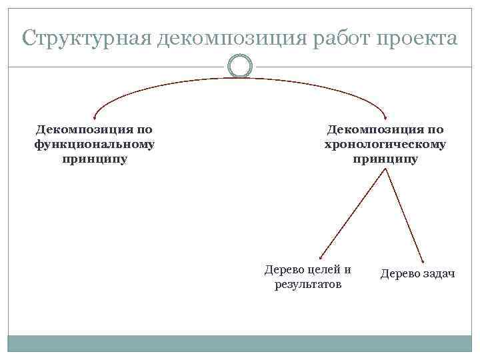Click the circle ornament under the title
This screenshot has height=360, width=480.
click(x=240, y=66)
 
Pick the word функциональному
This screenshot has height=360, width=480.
click(x=94, y=144)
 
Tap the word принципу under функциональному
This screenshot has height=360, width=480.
click(x=94, y=159)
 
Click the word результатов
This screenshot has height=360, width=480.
click(x=308, y=285)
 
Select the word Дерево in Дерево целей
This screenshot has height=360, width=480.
click(x=283, y=270)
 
